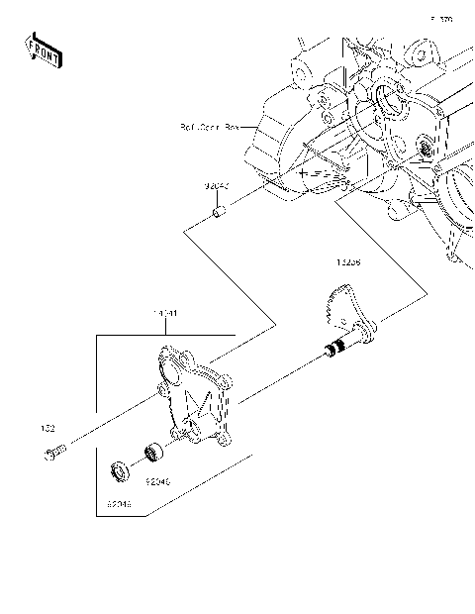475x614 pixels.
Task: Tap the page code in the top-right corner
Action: tap(441, 19)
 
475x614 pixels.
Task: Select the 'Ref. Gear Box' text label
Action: tap(210, 127)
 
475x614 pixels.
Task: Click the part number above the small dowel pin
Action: tap(217, 186)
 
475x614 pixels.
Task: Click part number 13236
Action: tap(346, 263)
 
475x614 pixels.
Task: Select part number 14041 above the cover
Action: tap(164, 314)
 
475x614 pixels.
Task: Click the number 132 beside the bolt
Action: tap(47, 430)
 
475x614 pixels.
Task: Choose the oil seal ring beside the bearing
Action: tap(119, 469)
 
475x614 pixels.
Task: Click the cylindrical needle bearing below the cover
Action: tap(152, 453)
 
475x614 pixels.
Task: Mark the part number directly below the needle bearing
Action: tap(157, 481)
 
